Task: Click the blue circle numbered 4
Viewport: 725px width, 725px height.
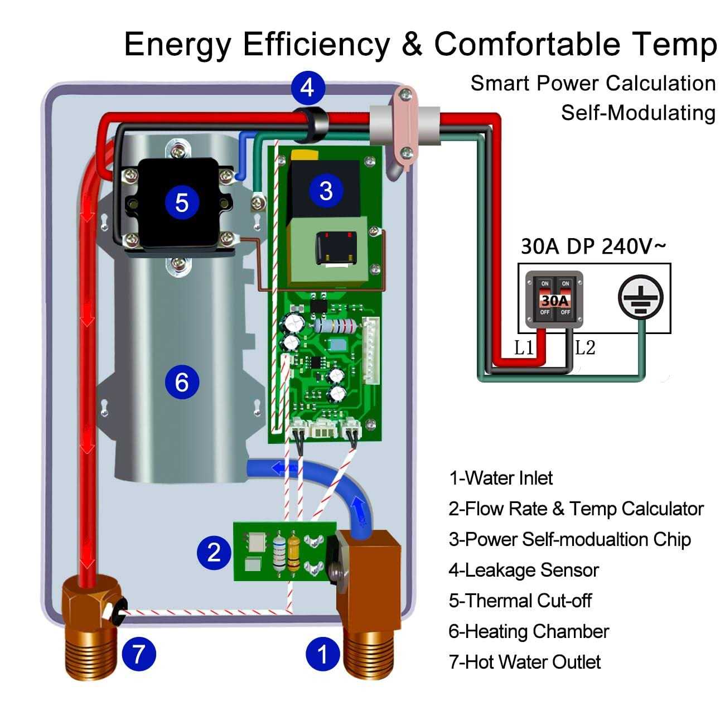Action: [307, 88]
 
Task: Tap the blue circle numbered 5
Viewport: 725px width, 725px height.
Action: [182, 201]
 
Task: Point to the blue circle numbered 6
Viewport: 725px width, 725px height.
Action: [182, 382]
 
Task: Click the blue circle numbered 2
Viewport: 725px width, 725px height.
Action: [214, 552]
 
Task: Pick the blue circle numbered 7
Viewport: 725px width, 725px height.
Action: [138, 654]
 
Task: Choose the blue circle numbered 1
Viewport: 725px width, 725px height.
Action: [322, 654]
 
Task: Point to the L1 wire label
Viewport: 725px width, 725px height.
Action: [524, 349]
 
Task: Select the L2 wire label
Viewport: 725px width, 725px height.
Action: [585, 349]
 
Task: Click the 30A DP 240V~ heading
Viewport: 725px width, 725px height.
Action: [593, 246]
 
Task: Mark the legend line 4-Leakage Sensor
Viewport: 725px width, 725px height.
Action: [523, 570]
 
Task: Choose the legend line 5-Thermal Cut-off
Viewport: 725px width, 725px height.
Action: [520, 601]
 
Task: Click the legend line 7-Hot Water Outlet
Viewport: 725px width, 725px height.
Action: [524, 662]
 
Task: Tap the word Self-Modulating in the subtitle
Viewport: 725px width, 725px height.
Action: [638, 113]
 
